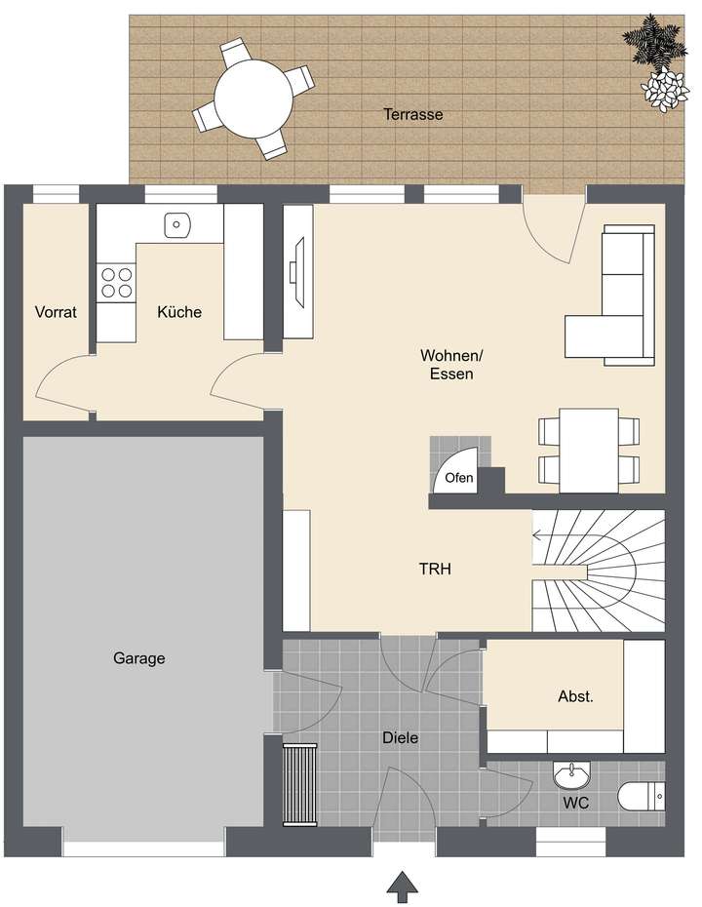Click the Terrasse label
pos(412,114)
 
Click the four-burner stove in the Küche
pos(117,283)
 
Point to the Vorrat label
pos(56,312)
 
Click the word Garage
pos(138,658)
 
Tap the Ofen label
pos(458,478)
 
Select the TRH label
pos(435,571)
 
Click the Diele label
pos(400,738)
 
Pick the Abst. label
pos(575,696)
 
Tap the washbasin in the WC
pos(570,776)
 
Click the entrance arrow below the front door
pos(403,885)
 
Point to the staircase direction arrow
pos(539,533)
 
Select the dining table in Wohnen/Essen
pos(590,450)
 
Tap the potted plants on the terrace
pos(655,59)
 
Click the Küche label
pos(180,312)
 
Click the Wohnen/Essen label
pos(448,363)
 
